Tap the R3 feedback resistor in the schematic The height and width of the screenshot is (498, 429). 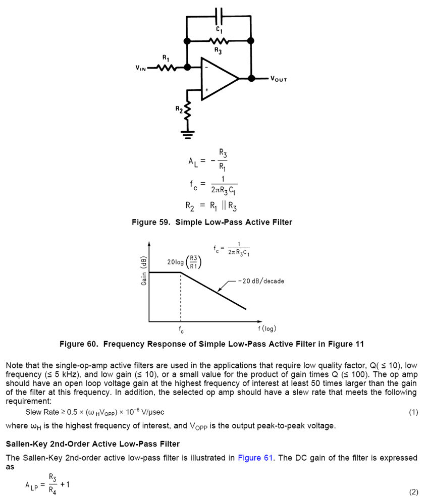click(x=219, y=40)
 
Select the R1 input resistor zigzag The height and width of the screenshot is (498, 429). click(x=166, y=67)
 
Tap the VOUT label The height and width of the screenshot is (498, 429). click(x=279, y=79)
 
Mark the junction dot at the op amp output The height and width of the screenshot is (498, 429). click(x=250, y=79)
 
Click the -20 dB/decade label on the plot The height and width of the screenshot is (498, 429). click(x=261, y=281)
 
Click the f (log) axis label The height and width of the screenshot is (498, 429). click(x=267, y=329)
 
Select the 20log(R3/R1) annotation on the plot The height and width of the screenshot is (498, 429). click(x=184, y=262)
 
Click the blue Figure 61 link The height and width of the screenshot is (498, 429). click(x=255, y=458)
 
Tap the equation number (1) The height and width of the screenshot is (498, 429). click(x=413, y=412)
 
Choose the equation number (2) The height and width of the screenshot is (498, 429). click(x=413, y=492)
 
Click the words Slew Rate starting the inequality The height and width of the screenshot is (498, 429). click(x=42, y=412)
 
